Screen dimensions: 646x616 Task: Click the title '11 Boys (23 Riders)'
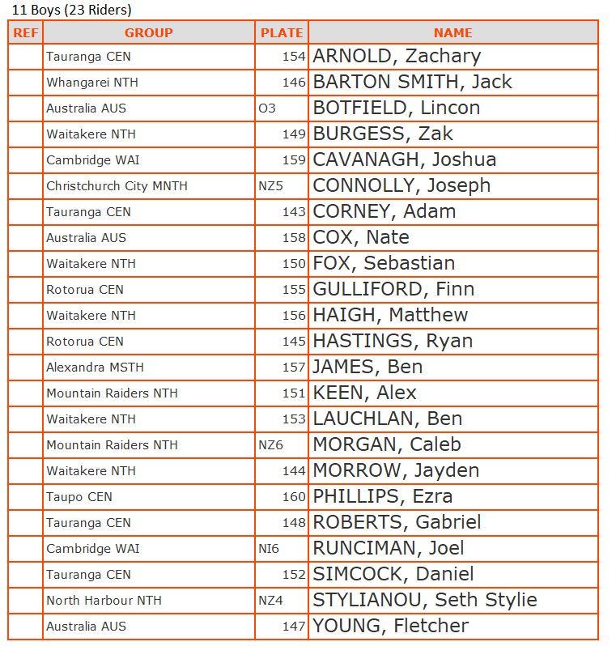pos(71,11)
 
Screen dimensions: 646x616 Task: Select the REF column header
pos(25,33)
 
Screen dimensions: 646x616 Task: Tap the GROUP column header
pos(148,33)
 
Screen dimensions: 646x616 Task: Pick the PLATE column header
pos(282,33)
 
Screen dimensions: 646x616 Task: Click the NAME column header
pos(452,33)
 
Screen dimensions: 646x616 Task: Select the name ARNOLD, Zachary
pos(397,57)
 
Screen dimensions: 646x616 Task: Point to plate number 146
pos(294,83)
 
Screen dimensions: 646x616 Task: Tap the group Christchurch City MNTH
pos(117,186)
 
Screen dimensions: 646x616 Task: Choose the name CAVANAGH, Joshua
pos(404,160)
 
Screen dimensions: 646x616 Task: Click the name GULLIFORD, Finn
pos(393,290)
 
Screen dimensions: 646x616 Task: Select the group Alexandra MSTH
pos(95,368)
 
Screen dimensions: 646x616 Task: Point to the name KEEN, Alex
pos(364,393)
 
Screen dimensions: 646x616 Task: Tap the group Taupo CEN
pos(79,497)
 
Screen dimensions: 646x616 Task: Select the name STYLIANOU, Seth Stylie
pos(425,601)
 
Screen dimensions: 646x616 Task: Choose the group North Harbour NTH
pos(104,601)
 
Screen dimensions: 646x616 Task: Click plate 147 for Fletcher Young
pos(294,627)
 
